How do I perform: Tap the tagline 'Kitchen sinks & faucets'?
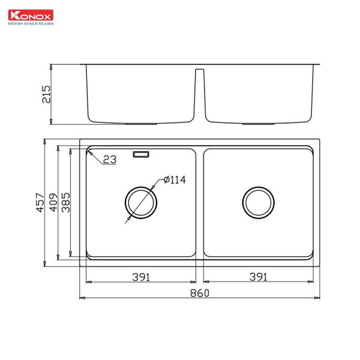pos(29,23)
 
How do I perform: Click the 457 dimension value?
pos(40,203)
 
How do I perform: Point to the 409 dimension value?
pos(53,203)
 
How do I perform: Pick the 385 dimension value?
pos(66,203)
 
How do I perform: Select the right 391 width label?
pos(258,277)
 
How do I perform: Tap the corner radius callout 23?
pos(109,160)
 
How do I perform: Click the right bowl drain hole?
pos(259,202)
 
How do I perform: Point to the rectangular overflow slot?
pos(142,154)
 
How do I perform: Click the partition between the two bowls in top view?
pos(200,202)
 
